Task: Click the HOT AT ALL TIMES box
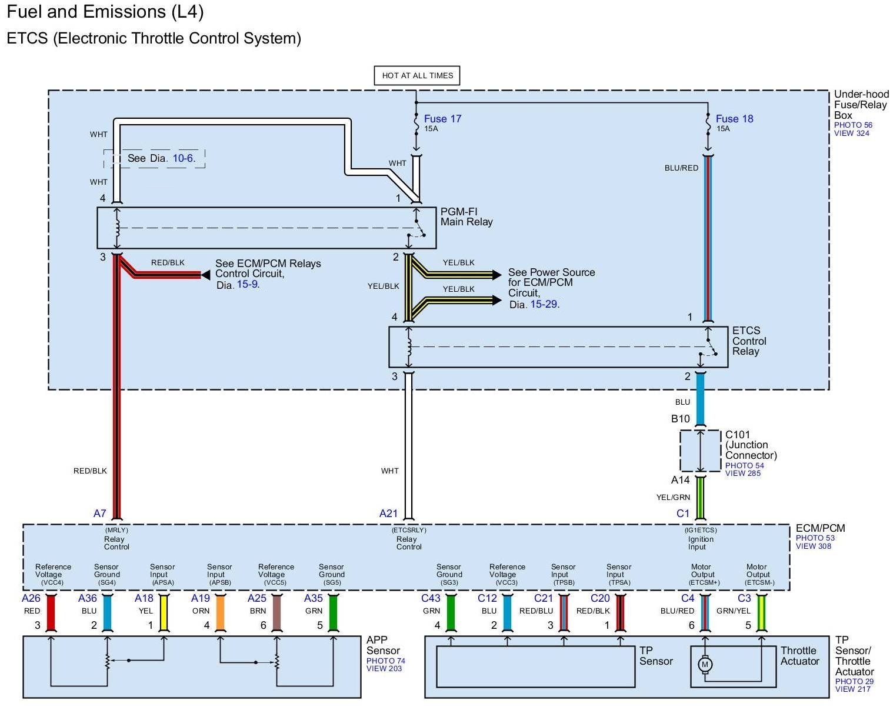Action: pyautogui.click(x=416, y=75)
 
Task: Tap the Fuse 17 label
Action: pyautogui.click(x=442, y=119)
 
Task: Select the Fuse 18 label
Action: pyautogui.click(x=734, y=119)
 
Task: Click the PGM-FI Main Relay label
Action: pyautogui.click(x=467, y=216)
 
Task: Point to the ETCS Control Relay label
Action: pyautogui.click(x=749, y=341)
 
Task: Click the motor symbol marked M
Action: pyautogui.click(x=704, y=665)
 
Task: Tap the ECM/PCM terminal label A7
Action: pyautogui.click(x=99, y=514)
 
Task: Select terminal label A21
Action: pyautogui.click(x=388, y=514)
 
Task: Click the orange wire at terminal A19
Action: pyautogui.click(x=221, y=613)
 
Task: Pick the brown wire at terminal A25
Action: pyautogui.click(x=276, y=613)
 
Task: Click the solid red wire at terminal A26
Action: pyautogui.click(x=51, y=613)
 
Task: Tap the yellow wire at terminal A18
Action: pyautogui.click(x=164, y=613)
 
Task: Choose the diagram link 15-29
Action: pyautogui.click(x=544, y=304)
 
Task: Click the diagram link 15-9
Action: pyautogui.click(x=247, y=284)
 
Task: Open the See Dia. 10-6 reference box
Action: pyautogui.click(x=154, y=158)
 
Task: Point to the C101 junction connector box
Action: pyautogui.click(x=700, y=451)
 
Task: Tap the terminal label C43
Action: pyautogui.click(x=430, y=598)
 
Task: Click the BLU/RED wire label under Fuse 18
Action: pyautogui.click(x=681, y=168)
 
